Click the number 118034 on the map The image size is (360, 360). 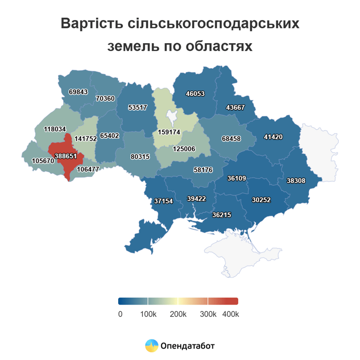coord(55,129)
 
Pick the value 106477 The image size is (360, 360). coord(88,169)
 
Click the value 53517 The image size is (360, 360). coord(137,107)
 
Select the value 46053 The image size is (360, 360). coord(195,93)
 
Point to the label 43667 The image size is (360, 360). coord(235,107)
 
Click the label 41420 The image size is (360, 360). coord(273,137)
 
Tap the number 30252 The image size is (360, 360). coord(261,199)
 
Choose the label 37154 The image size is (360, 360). coord(164,201)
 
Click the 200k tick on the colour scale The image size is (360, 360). coord(178,314)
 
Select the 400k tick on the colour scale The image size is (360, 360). coord(230,314)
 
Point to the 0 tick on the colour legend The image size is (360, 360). coord(120,314)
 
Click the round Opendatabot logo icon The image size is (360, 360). coord(152,346)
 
